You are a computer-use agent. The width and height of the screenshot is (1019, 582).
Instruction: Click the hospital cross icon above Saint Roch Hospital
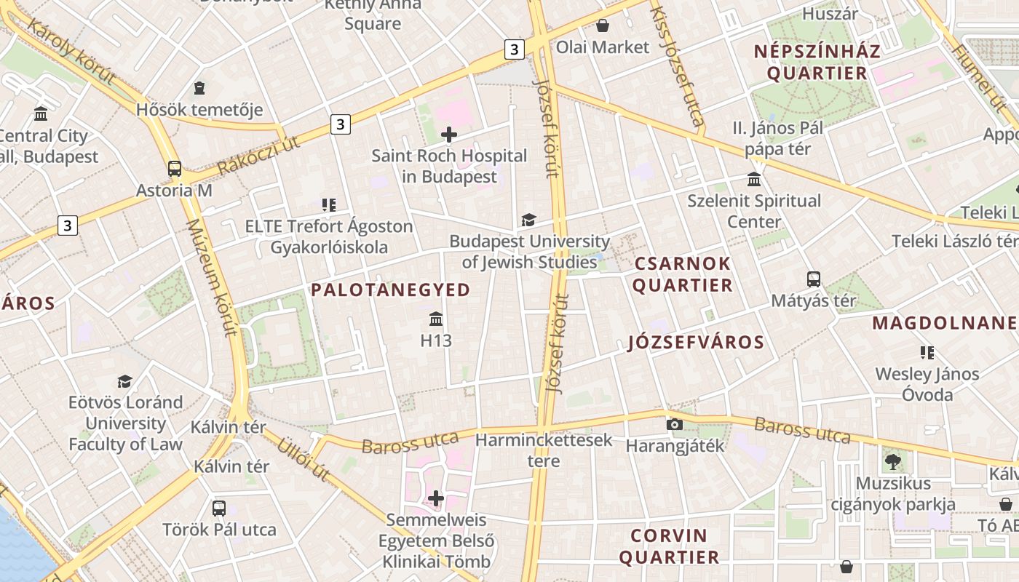coord(449,134)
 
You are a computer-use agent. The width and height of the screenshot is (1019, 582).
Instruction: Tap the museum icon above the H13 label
coord(436,319)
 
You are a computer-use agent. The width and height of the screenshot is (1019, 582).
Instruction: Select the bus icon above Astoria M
coord(175,169)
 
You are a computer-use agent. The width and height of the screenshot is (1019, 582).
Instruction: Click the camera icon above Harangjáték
coord(675,424)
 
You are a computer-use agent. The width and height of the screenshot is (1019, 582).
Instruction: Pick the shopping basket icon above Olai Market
coord(603,26)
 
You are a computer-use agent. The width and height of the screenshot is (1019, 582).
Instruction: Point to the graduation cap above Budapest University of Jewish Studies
coord(528,220)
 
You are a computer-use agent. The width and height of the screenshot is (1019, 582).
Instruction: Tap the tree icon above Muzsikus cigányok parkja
coord(892,461)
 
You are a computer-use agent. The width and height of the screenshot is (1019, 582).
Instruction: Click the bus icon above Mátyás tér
coord(813,279)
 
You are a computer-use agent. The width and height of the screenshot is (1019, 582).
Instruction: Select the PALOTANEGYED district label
coord(391,290)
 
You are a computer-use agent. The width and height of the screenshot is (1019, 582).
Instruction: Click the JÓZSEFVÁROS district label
coord(696,343)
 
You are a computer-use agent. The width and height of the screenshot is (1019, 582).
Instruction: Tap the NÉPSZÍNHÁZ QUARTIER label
coord(817,62)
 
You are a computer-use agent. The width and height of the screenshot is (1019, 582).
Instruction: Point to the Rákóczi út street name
coord(258,155)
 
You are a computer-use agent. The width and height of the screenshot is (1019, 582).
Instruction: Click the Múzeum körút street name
coord(213,278)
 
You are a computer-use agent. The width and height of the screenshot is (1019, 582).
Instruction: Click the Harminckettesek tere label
coord(544,450)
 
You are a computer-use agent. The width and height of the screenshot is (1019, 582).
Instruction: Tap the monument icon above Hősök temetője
coord(199,89)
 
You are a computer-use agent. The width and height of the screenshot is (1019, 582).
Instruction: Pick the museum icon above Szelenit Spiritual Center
coord(754,179)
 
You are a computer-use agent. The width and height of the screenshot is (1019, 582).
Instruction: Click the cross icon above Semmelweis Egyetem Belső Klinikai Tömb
coord(436,498)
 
